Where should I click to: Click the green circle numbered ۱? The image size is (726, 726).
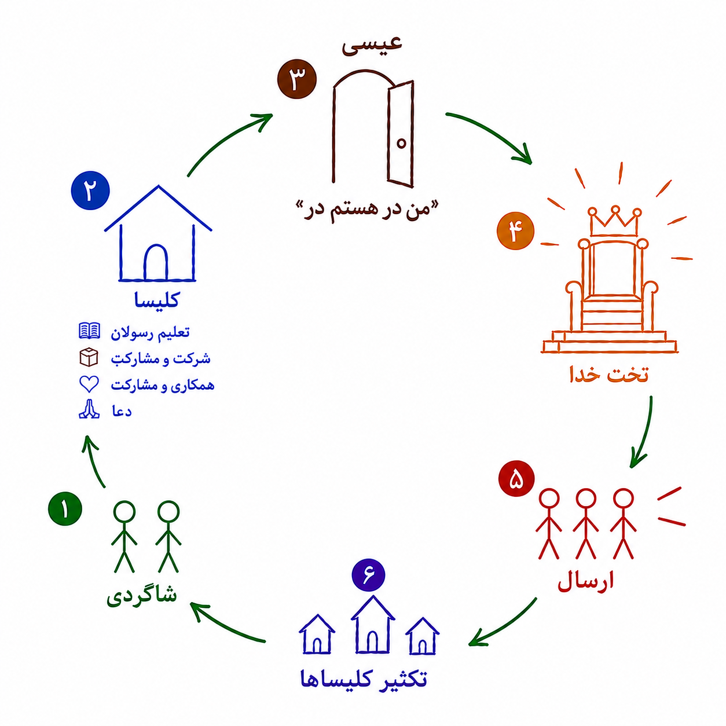(65, 508)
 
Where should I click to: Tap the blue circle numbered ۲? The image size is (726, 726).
(90, 190)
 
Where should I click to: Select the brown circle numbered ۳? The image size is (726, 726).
(297, 79)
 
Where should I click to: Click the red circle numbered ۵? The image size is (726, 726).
(516, 478)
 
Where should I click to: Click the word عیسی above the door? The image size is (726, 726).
(372, 45)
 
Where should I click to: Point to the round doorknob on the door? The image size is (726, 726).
(401, 143)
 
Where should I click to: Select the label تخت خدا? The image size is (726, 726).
(609, 374)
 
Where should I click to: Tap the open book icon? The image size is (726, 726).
(89, 331)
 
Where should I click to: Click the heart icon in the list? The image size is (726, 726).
(89, 384)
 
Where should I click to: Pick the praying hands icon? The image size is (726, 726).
(89, 409)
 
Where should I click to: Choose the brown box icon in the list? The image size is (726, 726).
(89, 357)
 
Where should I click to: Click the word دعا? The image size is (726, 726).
(122, 411)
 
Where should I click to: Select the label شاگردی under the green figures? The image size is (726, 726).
(142, 595)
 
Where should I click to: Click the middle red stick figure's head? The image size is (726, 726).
(586, 499)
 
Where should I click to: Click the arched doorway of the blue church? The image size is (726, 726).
(156, 262)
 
